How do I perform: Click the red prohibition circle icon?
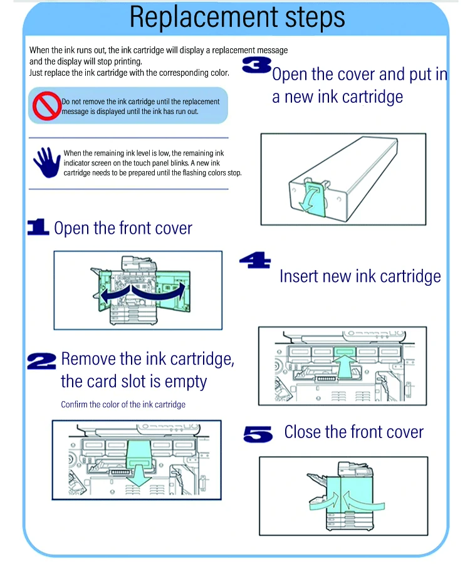(46, 105)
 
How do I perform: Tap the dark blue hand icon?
(47, 162)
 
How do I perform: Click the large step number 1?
(38, 227)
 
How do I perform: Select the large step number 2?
(41, 361)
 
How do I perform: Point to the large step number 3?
(257, 65)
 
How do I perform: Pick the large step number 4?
(255, 260)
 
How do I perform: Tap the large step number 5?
(258, 434)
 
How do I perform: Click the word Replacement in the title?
(204, 18)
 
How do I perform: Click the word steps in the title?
(315, 18)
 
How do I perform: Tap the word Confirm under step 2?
(74, 404)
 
